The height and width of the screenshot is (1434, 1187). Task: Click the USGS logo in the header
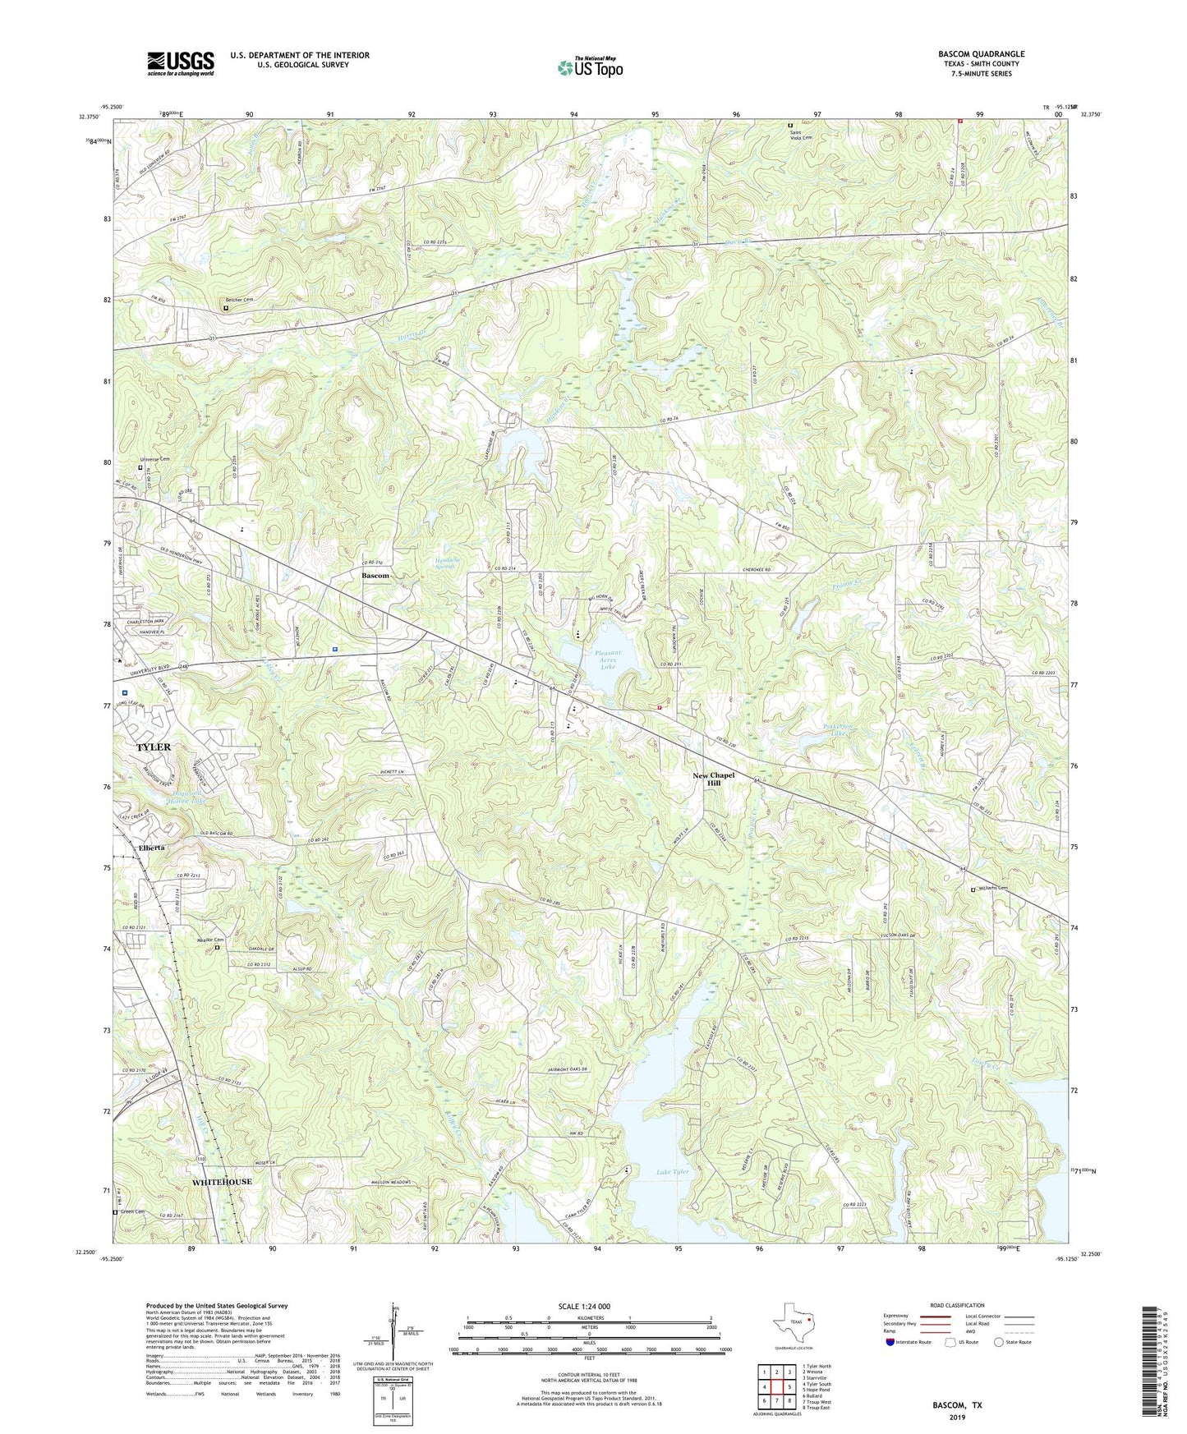[x=181, y=62]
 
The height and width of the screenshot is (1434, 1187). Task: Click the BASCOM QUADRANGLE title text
[x=981, y=54]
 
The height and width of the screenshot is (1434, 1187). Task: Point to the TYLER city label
[x=154, y=747]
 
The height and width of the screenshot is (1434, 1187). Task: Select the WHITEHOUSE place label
[x=222, y=1181]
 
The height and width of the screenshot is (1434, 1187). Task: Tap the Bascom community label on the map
[x=375, y=576]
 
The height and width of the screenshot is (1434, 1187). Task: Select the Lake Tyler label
[x=672, y=1171]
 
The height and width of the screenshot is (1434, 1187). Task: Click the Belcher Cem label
[x=240, y=300]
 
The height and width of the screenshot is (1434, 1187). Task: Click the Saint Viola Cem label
[x=795, y=136]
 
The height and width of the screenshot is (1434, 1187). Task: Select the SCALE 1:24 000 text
[x=590, y=1306]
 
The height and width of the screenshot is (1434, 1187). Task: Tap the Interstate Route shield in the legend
[x=891, y=1342]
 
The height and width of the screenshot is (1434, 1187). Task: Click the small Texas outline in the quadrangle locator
[x=794, y=1321]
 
